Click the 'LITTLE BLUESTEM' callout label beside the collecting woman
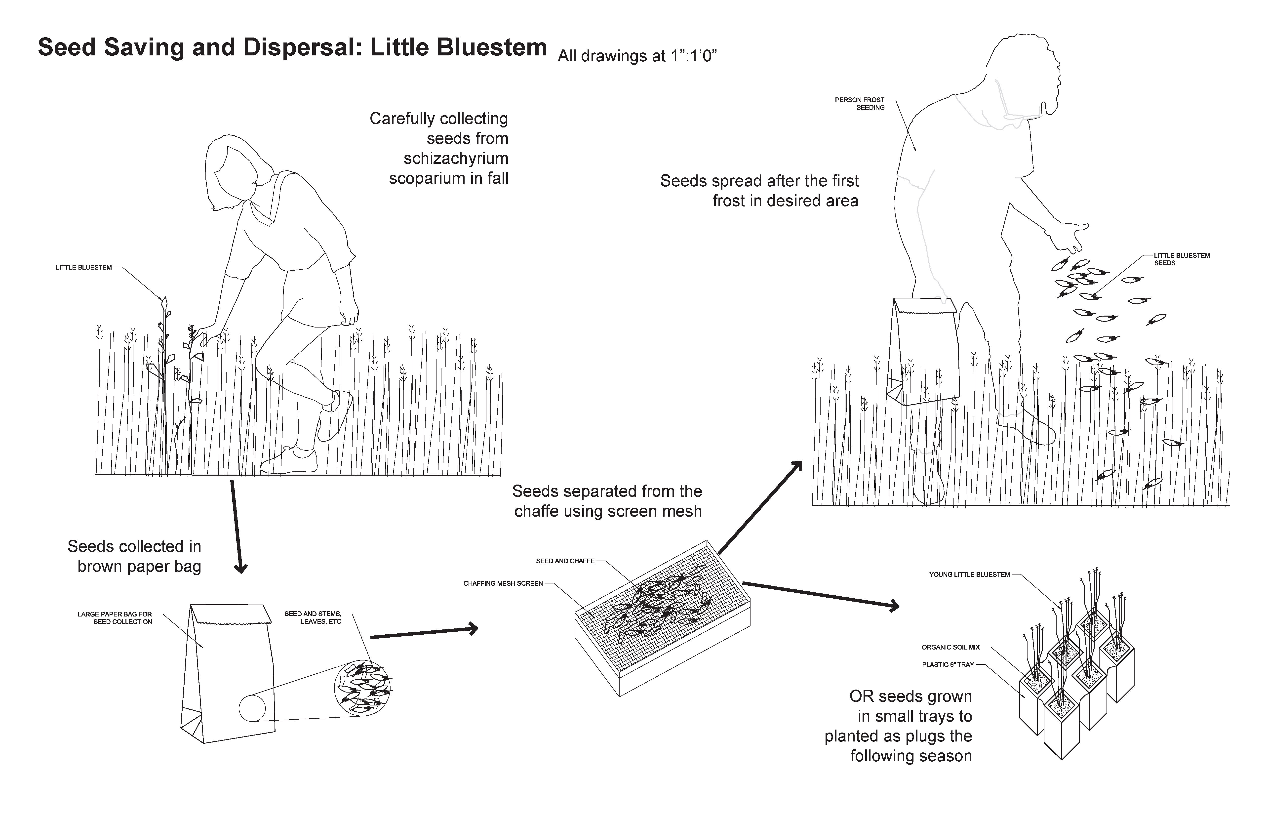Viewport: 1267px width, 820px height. click(x=83, y=267)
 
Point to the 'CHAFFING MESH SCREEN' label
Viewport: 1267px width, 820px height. click(x=503, y=584)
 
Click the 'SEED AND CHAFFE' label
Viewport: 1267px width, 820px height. click(x=565, y=561)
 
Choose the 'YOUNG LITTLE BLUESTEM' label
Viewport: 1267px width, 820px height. click(x=969, y=574)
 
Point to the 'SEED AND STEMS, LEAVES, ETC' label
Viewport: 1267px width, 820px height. click(x=313, y=618)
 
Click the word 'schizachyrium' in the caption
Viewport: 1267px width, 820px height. click(x=456, y=159)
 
